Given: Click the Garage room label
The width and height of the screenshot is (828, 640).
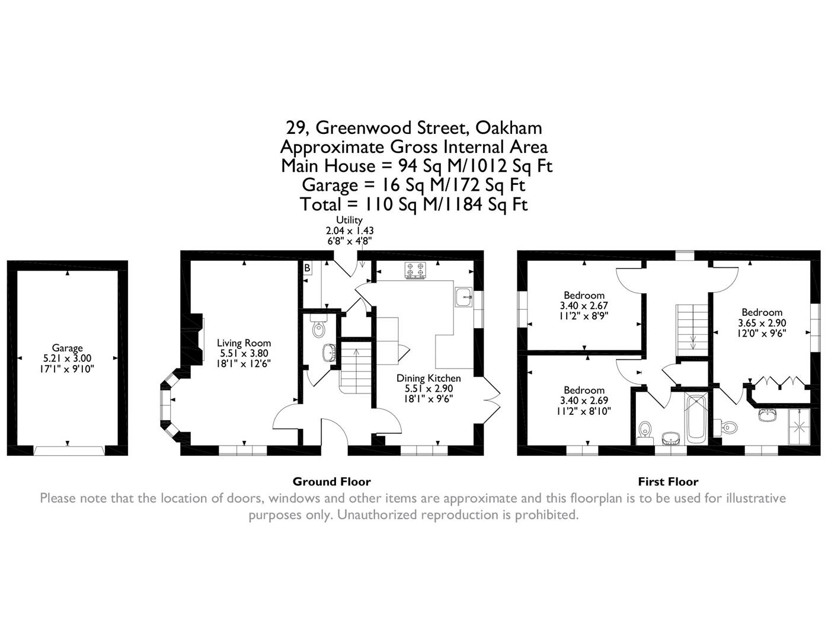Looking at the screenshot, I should (x=67, y=348).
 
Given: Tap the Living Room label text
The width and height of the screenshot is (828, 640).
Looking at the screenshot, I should (x=244, y=343).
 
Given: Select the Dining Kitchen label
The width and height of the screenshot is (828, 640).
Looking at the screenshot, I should (x=428, y=378).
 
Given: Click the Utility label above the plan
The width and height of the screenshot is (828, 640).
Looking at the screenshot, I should (x=349, y=220).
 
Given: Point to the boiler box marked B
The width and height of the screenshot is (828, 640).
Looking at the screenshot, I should (x=307, y=268).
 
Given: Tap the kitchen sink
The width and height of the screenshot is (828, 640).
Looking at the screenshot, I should (x=463, y=297).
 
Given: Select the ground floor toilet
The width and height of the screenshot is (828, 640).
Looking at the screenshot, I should (x=319, y=327).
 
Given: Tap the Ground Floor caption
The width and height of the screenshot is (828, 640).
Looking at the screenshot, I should (x=331, y=482).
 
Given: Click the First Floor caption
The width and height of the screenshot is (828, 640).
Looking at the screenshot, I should (x=668, y=482).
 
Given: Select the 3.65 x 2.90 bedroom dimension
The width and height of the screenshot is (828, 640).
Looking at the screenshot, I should (x=762, y=323).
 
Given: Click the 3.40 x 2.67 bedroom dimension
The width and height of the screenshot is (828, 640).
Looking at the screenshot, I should (x=584, y=306).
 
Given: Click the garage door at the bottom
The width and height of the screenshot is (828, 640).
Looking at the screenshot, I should (x=69, y=451).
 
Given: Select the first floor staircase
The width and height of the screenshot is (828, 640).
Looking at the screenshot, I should (x=692, y=329).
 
